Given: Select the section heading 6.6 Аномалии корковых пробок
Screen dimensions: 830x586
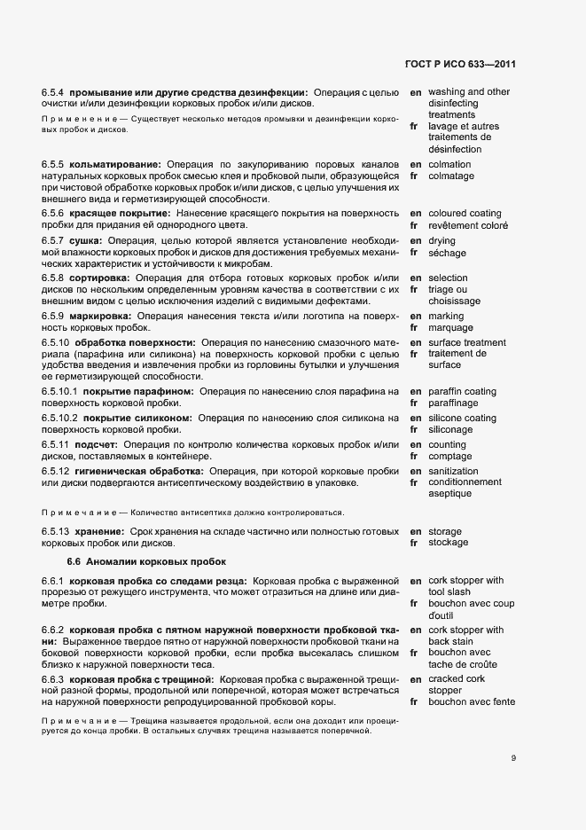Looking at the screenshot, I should [146, 561].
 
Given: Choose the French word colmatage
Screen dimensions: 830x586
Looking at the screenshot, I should [451, 176].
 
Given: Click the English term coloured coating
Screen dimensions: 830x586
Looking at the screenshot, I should [465, 214].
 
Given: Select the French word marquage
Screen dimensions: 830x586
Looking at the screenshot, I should [451, 327].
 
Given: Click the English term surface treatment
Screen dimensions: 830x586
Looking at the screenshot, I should [467, 343].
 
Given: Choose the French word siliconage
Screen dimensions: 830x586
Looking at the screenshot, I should [450, 430].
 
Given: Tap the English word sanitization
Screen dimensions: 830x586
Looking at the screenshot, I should [453, 471].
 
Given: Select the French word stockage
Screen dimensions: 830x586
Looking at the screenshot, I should [449, 543].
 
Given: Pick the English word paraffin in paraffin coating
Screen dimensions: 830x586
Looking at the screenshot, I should [446, 392].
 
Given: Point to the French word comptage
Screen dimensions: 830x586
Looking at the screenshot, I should [450, 456].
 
